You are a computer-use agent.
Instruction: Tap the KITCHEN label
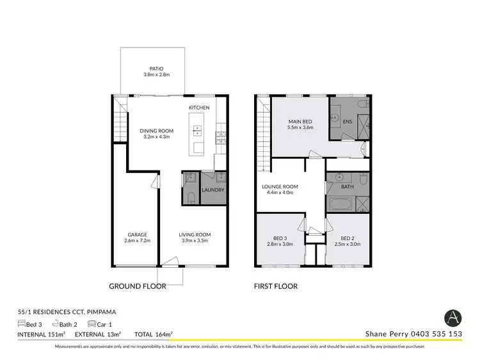click(200, 107)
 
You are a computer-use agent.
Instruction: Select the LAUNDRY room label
click(212, 190)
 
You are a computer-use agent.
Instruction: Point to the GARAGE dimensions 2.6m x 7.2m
click(137, 241)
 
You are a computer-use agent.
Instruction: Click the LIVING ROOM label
click(195, 234)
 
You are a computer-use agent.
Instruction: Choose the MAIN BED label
click(300, 120)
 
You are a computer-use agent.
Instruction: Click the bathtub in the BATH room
click(339, 205)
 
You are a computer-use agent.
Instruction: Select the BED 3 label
click(279, 237)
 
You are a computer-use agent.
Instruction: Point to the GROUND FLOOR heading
click(137, 286)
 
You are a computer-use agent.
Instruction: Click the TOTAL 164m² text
click(154, 334)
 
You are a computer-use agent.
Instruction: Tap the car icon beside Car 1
click(92, 324)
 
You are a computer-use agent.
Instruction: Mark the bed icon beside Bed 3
click(22, 324)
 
